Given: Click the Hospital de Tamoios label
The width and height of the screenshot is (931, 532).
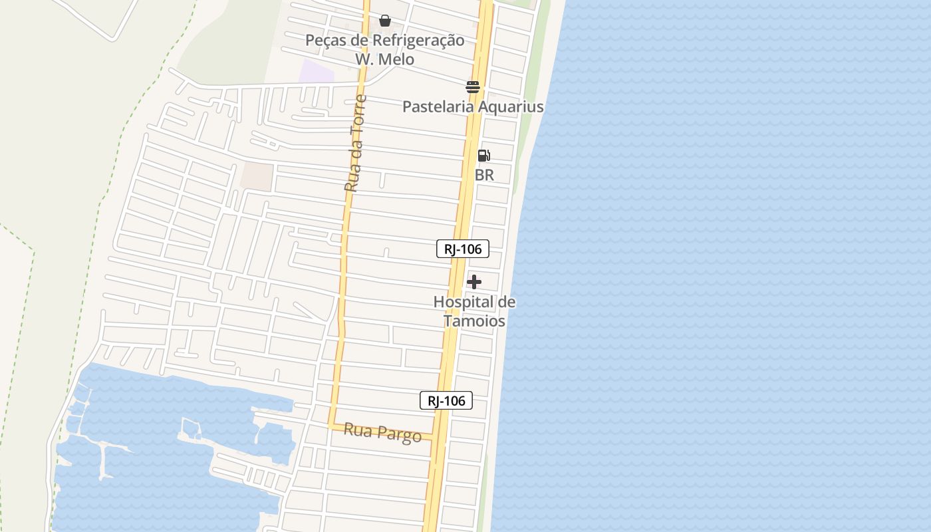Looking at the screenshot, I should coord(474,311).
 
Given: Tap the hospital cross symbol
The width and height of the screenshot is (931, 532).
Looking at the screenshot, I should coord(474,282).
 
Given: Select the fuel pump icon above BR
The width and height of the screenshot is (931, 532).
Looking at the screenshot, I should coord(484,156).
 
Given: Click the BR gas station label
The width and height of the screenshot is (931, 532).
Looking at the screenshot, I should coord(484,175).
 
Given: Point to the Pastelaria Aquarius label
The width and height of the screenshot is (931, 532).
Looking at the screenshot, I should coord(473,106).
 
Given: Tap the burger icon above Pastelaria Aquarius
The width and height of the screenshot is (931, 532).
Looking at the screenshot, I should coord(473,87).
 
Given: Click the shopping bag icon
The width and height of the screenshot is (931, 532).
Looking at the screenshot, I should coord(385,21).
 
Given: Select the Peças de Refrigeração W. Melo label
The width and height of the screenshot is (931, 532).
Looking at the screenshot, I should coord(384,50).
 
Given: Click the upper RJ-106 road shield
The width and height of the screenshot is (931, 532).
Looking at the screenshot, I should coord(463,249).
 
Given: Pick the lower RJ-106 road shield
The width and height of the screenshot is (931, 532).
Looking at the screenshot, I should coord(446,400).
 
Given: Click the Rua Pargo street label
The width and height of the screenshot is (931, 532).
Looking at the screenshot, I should coord(382,433).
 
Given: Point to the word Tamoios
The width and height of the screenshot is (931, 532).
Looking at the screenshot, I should coord(474,321).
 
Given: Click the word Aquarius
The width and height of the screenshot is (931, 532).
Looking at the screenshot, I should coord(510,106).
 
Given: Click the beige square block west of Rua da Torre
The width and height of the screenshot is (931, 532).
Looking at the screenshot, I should coord(257,176).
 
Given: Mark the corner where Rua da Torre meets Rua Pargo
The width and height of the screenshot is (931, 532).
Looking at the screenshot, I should coord(332,424).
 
